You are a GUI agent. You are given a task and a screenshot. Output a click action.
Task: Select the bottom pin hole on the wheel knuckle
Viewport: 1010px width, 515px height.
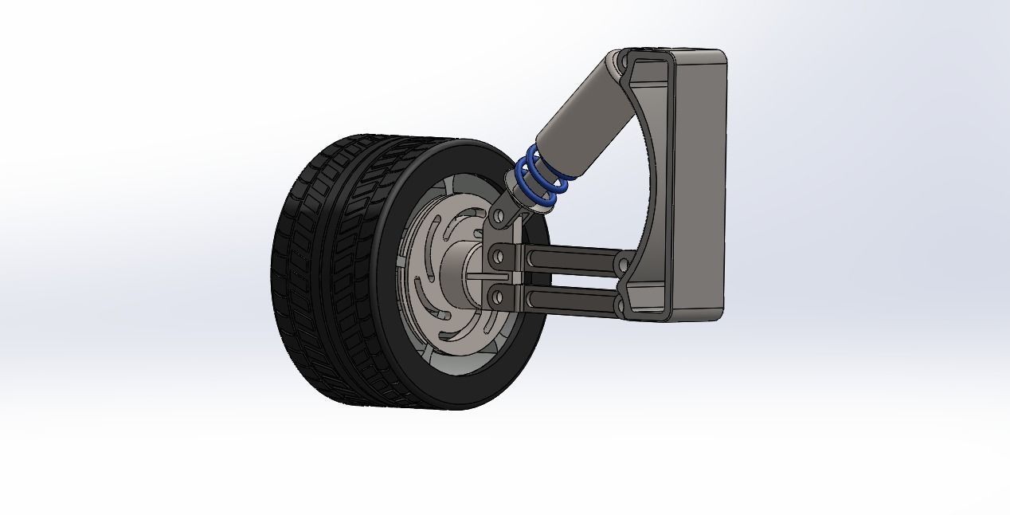click(498, 297)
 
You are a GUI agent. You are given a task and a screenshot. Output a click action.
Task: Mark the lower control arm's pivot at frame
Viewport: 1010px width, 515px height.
click(622, 304)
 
